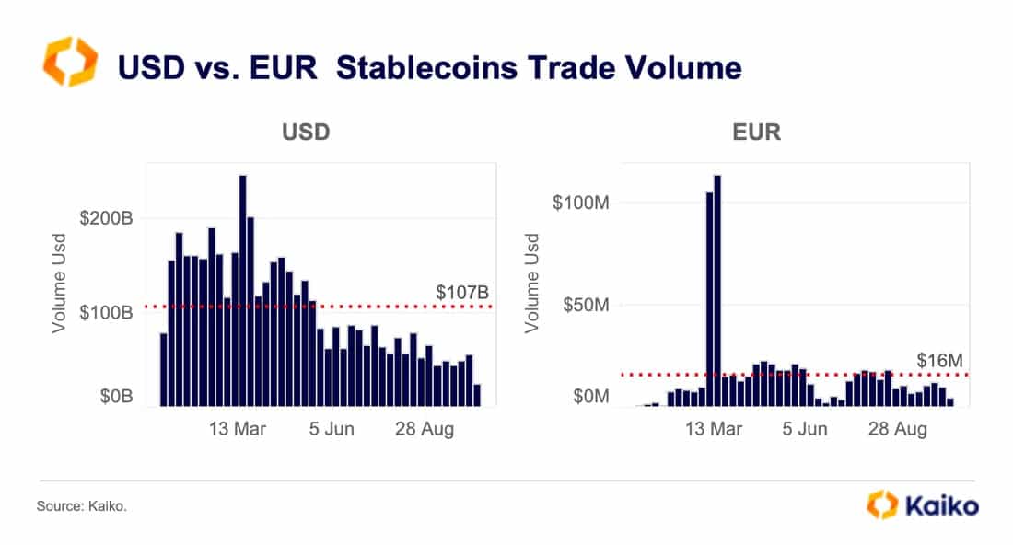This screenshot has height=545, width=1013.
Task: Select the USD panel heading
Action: click(306, 132)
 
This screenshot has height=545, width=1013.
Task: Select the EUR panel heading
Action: click(756, 132)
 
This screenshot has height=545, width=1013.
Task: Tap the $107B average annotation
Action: click(462, 293)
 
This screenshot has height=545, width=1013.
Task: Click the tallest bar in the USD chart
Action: click(242, 290)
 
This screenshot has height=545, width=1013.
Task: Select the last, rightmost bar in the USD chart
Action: click(476, 395)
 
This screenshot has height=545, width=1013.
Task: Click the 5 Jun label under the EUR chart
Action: click(805, 429)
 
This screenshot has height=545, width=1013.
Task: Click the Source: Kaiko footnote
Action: click(81, 506)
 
